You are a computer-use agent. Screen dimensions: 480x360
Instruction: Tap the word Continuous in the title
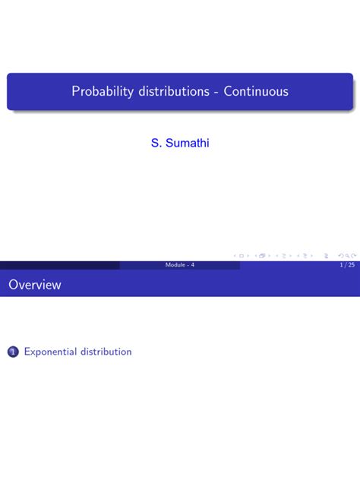point(256,92)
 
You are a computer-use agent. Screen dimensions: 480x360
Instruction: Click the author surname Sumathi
point(187,143)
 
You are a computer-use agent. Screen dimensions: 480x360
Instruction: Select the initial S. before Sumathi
point(156,143)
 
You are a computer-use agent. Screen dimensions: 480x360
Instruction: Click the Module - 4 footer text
point(180,265)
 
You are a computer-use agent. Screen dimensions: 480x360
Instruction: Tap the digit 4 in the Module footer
point(193,265)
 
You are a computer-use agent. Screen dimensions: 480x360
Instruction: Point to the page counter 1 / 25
point(347,265)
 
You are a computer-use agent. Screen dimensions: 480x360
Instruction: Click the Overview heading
point(35,286)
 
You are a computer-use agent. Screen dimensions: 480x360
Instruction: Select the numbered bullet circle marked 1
point(12,352)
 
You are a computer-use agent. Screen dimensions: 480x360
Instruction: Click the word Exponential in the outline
point(51,352)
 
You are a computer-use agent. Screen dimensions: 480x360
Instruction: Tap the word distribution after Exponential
point(106,352)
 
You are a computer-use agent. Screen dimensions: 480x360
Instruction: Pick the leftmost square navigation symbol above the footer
point(241,256)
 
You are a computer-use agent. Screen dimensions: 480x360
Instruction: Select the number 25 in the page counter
point(350,265)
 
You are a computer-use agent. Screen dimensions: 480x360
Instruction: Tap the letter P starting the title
point(76,92)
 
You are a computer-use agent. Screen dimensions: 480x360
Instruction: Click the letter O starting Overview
point(14,286)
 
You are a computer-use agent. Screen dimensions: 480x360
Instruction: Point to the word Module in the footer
point(175,265)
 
